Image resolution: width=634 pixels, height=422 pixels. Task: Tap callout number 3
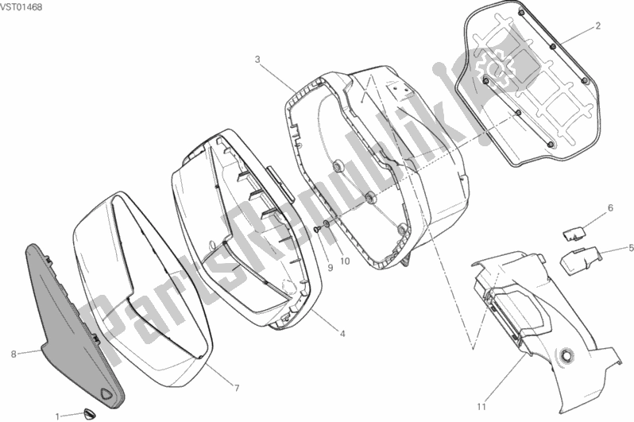(x=257, y=59)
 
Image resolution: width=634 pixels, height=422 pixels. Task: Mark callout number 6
(x=611, y=208)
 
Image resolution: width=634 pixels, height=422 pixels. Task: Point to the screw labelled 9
(x=318, y=230)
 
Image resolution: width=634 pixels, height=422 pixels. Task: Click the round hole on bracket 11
(x=568, y=355)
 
